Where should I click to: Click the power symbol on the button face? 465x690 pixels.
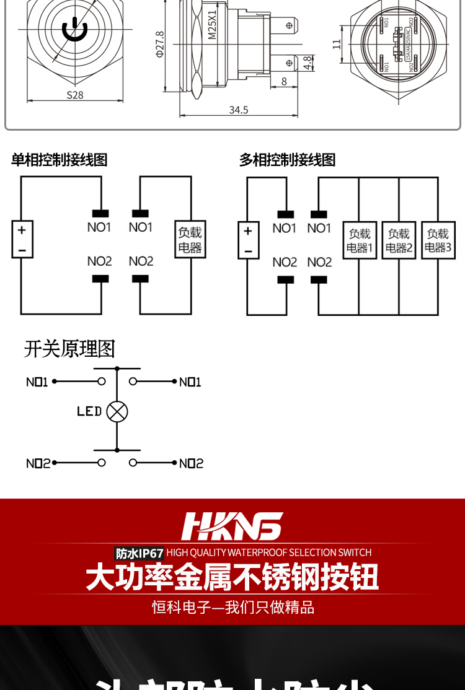(74, 28)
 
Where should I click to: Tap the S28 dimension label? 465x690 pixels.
(75, 95)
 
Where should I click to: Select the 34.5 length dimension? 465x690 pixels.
(239, 110)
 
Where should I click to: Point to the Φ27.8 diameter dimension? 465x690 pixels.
(160, 45)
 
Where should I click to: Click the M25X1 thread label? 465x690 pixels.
(212, 25)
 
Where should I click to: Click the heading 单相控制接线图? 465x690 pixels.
(60, 160)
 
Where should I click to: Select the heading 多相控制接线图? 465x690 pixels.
(288, 160)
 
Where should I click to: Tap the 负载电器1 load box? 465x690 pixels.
(360, 241)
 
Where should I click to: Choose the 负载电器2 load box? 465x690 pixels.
(399, 241)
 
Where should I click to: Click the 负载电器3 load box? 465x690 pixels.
(438, 241)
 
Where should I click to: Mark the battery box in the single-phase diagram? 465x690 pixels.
(22, 240)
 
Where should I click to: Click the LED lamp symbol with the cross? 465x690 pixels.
(117, 411)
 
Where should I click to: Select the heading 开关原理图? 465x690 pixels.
(69, 349)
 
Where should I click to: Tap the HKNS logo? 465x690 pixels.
(232, 526)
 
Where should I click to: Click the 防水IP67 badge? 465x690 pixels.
(139, 553)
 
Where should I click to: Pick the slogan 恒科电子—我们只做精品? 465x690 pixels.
(233, 607)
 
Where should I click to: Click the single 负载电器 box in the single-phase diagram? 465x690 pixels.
(190, 240)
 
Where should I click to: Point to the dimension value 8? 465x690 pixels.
(284, 81)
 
